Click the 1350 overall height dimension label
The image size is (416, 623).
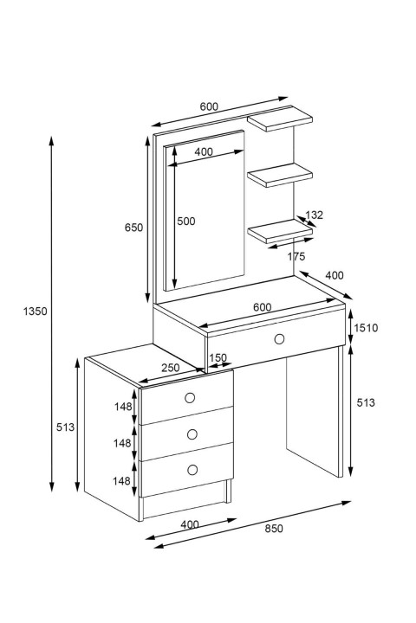coord(35,311)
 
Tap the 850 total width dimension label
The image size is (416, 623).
coord(274,529)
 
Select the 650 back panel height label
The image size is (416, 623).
coord(133,228)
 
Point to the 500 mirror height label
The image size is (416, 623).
coord(186,221)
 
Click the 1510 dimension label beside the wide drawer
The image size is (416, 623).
coord(366,328)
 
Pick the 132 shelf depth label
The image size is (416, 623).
coord(314,215)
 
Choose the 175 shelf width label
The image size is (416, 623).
coord(296,256)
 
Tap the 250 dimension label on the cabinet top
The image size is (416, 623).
coord(171,368)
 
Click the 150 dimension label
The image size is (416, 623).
coord(218,357)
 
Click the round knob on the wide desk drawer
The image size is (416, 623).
coord(279,339)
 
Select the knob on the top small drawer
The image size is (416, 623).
coord(190,398)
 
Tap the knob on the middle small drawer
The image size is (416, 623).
coord(192,434)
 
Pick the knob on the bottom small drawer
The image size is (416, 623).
coord(192,470)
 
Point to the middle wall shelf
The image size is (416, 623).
coord(280,175)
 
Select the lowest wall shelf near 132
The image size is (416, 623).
coord(280,231)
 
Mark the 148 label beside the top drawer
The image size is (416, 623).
coord(123,407)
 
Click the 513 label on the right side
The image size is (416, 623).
coord(366,402)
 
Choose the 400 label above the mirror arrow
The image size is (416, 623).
coord(204,151)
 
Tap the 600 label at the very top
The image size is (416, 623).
coord(209,106)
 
